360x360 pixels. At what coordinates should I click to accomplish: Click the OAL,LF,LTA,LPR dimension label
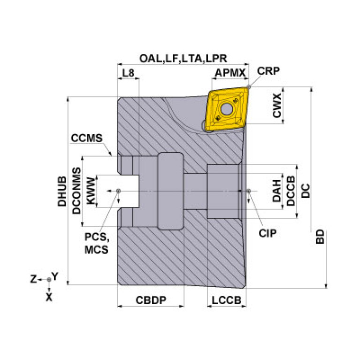coord(183,58)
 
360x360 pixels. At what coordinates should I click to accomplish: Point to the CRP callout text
coord(268,71)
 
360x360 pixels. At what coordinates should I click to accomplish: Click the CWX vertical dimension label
coord(277,106)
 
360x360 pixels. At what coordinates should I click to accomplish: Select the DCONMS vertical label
coord(77,191)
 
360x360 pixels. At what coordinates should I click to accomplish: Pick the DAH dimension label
coord(277,191)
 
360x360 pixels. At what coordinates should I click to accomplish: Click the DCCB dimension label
coord(291,191)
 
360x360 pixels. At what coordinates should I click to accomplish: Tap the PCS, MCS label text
coord(96,243)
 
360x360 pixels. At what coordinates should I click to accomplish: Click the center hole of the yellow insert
coord(227,109)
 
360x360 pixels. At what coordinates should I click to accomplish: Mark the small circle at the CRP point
coord(250,87)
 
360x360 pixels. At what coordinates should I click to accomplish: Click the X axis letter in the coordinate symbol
coord(49,297)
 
